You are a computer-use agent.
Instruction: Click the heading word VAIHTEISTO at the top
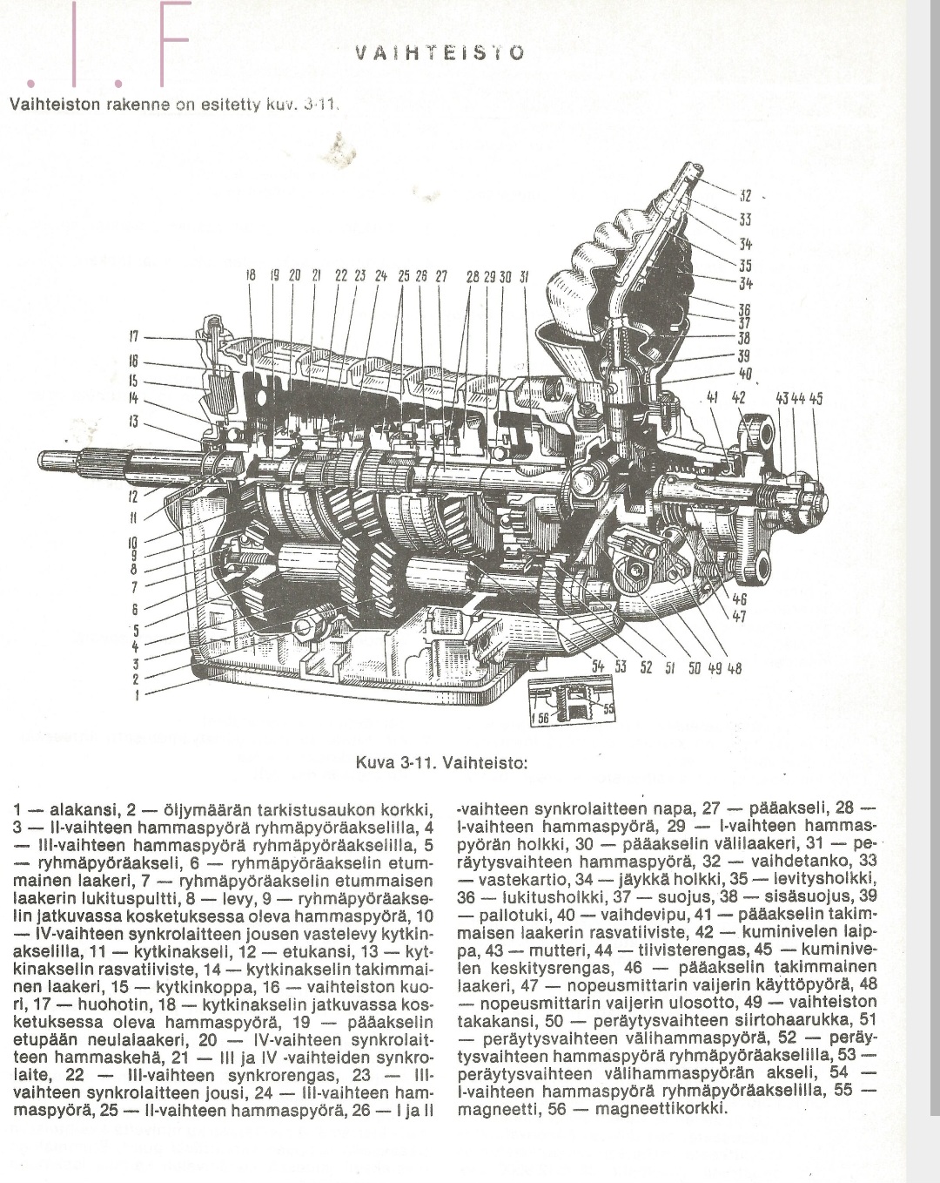[440, 52]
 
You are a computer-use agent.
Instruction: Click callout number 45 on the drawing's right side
[816, 400]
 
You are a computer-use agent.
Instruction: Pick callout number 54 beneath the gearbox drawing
[597, 667]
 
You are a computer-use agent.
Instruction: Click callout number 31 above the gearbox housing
[524, 276]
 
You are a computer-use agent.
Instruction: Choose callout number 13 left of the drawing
[134, 422]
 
